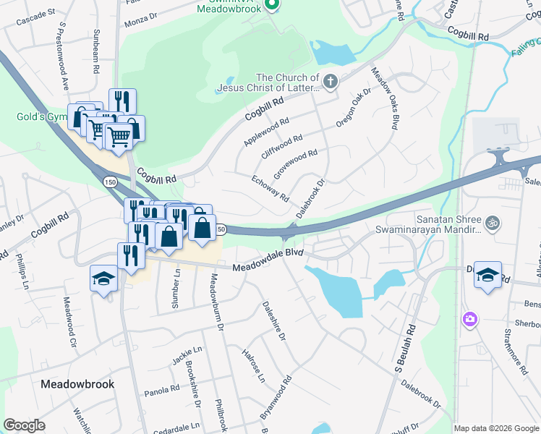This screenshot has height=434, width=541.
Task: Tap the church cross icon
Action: (x=331, y=81)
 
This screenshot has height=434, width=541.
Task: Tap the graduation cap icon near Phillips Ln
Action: (x=103, y=277)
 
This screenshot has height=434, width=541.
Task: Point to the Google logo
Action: (x=25, y=425)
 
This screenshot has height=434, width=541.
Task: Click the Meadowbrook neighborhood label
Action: (x=77, y=384)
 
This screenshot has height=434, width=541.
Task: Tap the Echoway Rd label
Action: (x=270, y=188)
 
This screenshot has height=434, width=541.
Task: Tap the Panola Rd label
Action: (x=162, y=389)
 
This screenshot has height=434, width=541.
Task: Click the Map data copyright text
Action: (x=495, y=427)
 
